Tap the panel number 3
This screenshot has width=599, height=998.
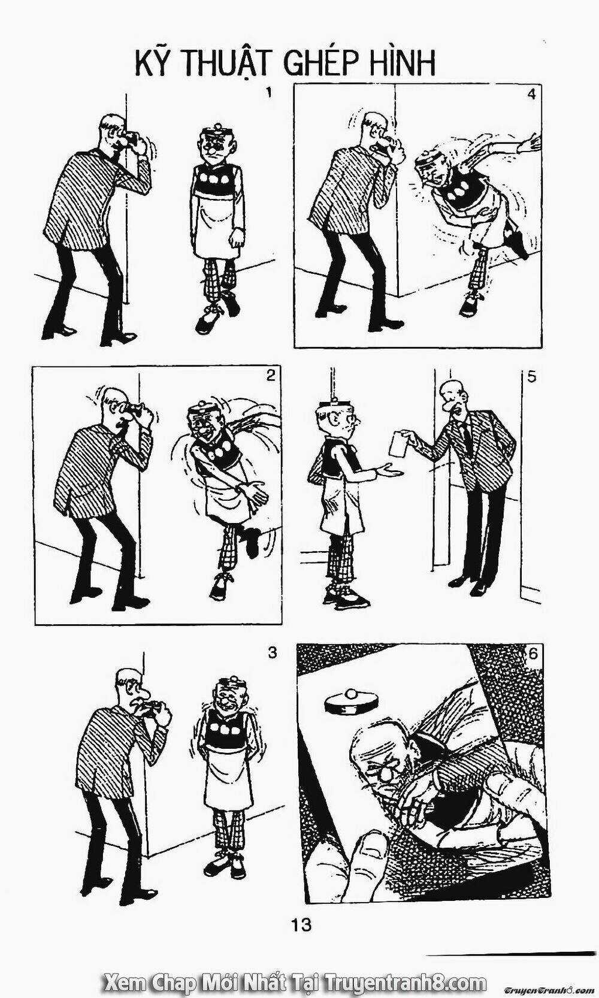click(x=273, y=653)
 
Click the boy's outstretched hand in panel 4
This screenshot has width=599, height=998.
click(x=530, y=143)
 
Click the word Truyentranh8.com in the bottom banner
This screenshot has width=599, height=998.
click(x=404, y=983)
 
